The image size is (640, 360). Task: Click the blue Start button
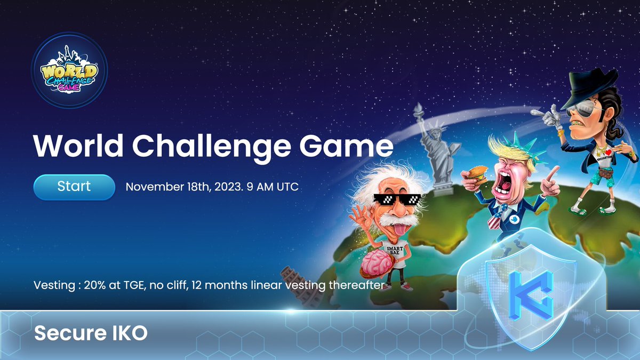(x=74, y=187)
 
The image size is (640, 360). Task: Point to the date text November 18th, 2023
(x=185, y=187)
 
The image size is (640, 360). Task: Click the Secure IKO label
(x=91, y=333)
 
